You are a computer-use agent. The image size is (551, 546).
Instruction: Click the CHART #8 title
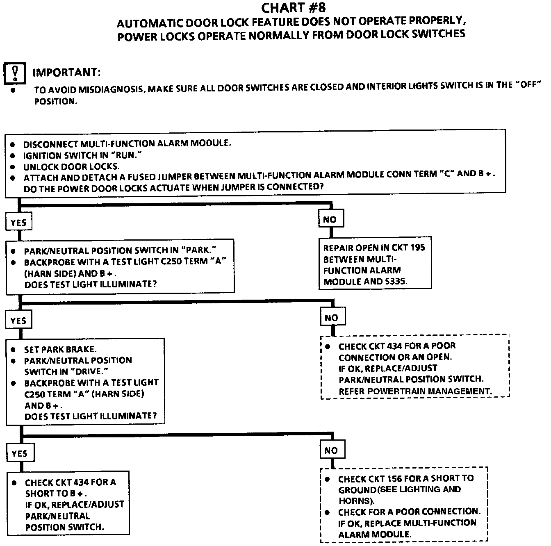pyautogui.click(x=294, y=7)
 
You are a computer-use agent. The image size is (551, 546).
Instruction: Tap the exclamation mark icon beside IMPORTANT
pyautogui.click(x=15, y=73)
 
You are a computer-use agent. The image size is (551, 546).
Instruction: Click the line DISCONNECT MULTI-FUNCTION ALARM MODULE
pyautogui.click(x=127, y=144)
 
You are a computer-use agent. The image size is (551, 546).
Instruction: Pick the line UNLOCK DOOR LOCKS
pyautogui.click(x=71, y=167)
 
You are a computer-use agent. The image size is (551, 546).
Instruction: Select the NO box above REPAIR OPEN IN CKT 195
pyautogui.click(x=330, y=219)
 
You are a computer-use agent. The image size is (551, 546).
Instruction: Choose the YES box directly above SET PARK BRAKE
pyautogui.click(x=18, y=320)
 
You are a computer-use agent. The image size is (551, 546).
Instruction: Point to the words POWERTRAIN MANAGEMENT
pyautogui.click(x=430, y=391)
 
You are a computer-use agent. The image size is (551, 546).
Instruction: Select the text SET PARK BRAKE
pyautogui.click(x=60, y=350)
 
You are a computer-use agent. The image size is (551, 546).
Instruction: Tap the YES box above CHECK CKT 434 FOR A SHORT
pyautogui.click(x=19, y=453)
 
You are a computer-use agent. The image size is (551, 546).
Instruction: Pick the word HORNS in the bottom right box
pyautogui.click(x=355, y=501)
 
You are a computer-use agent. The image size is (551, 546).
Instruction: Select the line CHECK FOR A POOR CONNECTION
pyautogui.click(x=409, y=512)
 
